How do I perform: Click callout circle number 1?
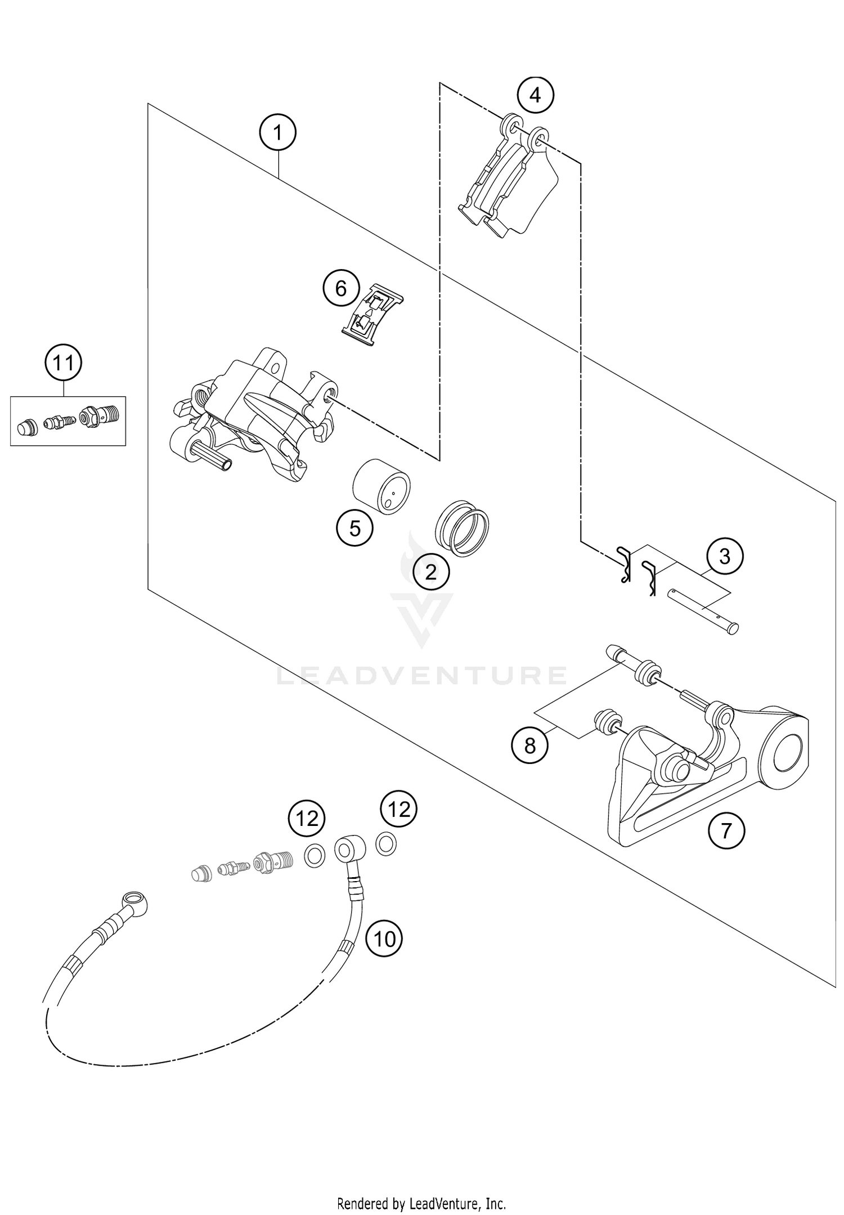pos(277,133)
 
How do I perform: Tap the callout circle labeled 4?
pos(535,95)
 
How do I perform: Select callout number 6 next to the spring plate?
pos(340,289)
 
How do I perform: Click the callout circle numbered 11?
pos(63,364)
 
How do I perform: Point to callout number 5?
pos(354,528)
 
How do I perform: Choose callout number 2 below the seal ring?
pos(431,572)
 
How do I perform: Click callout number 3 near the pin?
pos(725,556)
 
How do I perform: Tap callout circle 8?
pos(529,745)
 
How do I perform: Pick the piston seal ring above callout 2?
pos(463,528)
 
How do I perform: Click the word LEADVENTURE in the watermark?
pos(421,675)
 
